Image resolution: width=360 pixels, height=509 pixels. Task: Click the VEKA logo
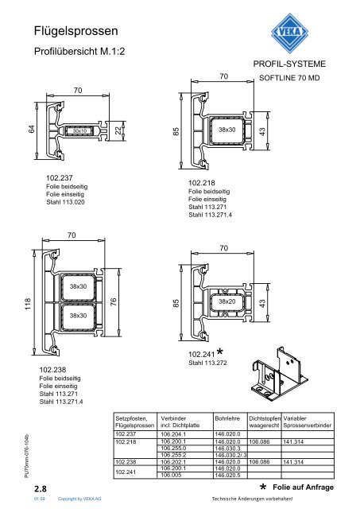click(289, 33)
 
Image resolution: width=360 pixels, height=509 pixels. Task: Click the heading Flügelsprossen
click(75, 31)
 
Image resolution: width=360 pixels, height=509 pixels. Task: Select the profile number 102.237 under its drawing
click(60, 177)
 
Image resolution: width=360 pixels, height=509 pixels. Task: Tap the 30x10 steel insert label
click(79, 130)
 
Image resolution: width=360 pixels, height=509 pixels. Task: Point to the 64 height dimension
click(32, 129)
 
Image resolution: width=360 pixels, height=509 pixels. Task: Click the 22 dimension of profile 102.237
click(118, 130)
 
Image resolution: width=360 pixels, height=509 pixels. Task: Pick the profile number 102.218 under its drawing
click(202, 183)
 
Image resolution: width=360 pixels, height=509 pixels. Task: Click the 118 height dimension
click(28, 304)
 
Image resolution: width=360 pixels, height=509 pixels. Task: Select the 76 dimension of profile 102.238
click(113, 302)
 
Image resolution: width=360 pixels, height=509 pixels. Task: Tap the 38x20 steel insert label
click(227, 301)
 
